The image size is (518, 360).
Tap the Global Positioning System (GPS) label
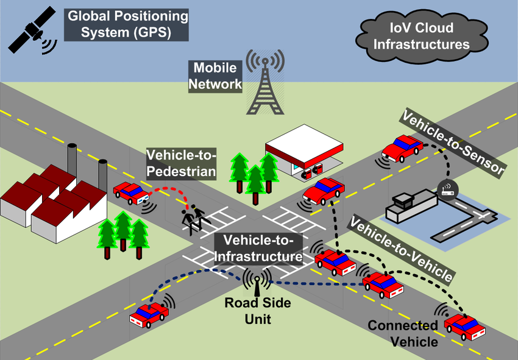point(126,25)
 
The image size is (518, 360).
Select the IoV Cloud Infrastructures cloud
point(422,37)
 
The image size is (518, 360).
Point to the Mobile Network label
point(215,76)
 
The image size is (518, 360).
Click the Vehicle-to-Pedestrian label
point(182,164)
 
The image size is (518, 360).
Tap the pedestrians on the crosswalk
point(194,218)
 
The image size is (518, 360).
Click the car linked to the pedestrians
point(131,193)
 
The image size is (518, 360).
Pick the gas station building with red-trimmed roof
point(304,152)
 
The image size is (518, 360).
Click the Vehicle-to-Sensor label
point(453,143)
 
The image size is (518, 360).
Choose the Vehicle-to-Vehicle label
point(401,249)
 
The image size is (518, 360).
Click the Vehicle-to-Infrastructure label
point(258,248)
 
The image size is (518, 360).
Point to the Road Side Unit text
point(258,311)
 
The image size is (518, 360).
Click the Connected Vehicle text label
point(403,333)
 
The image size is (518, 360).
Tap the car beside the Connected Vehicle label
point(464,327)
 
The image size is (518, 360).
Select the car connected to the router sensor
point(402,148)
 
